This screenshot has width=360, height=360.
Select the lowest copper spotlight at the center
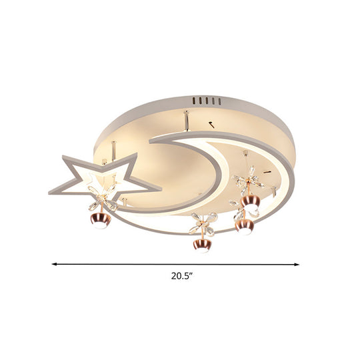[x=200, y=245]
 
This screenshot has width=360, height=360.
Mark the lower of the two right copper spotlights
[x=243, y=226]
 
